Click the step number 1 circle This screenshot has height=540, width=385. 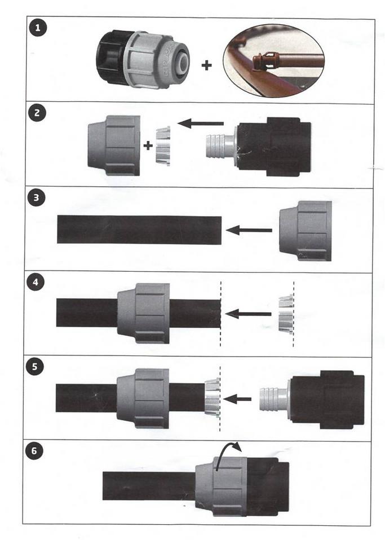pyautogui.click(x=38, y=28)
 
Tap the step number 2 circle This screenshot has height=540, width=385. pyautogui.click(x=37, y=113)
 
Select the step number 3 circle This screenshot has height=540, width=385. pyautogui.click(x=36, y=199)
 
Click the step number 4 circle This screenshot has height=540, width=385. pyautogui.click(x=35, y=283)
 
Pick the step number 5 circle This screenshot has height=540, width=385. pyautogui.click(x=34, y=366)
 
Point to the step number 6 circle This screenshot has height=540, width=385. pyautogui.click(x=34, y=451)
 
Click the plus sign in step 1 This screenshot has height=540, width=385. pyautogui.click(x=207, y=65)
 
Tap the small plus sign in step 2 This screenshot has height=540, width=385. pyautogui.click(x=148, y=146)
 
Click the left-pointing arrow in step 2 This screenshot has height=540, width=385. pyautogui.click(x=201, y=123)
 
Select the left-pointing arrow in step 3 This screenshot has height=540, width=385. pyautogui.click(x=249, y=230)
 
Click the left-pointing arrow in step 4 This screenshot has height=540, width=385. pyautogui.click(x=248, y=314)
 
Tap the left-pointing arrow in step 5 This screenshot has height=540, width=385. pyautogui.click(x=237, y=399)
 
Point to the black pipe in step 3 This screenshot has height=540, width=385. pyautogui.click(x=139, y=229)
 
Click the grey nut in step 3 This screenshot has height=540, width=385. pyautogui.click(x=306, y=231)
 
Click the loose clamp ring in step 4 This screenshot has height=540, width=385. pyautogui.click(x=286, y=315)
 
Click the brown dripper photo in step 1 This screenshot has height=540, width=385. pyautogui.click(x=274, y=61)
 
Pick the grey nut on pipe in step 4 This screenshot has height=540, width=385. pyautogui.click(x=144, y=313)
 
